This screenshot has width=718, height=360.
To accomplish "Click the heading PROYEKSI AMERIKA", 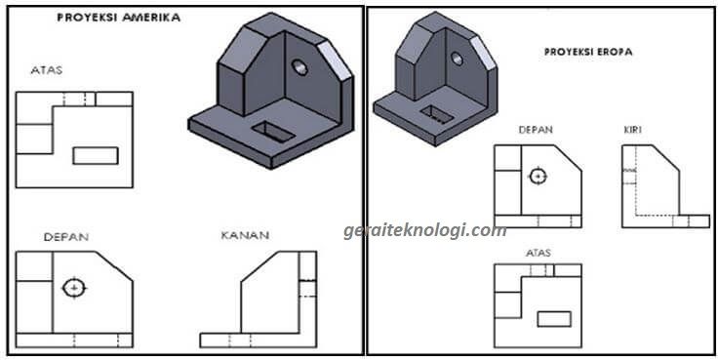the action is tap(119, 18).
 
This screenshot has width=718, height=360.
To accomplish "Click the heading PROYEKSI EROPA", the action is tap(588, 52).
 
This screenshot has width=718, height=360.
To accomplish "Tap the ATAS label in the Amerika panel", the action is tap(46, 70).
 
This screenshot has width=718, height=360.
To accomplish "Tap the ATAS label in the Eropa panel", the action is tap(538, 253).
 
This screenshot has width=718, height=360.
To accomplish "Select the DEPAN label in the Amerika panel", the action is tap(66, 237).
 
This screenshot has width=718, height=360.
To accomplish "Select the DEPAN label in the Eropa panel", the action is tap(536, 130).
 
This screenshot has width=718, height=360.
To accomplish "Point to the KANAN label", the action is tap(245, 235).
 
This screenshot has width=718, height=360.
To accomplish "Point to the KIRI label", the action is tap(632, 130).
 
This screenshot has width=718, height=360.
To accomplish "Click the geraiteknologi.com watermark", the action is tap(424, 230).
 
